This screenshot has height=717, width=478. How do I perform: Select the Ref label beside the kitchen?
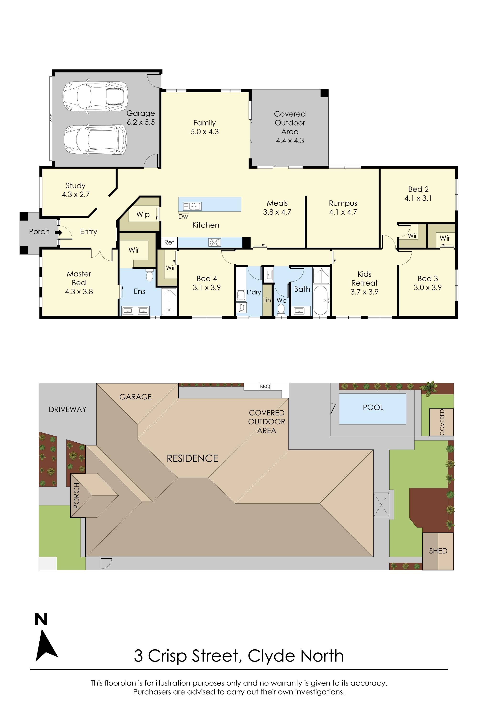click(169, 242)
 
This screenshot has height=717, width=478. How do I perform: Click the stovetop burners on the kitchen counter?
click(214, 242)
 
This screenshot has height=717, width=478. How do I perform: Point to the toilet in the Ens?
click(149, 275)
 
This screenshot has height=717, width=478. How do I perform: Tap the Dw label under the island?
click(183, 217)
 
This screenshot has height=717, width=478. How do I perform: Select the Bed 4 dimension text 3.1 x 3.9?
click(207, 288)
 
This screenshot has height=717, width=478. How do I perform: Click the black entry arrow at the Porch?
click(59, 232)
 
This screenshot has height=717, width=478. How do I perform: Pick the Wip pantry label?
click(143, 214)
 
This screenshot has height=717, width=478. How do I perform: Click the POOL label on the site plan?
click(373, 407)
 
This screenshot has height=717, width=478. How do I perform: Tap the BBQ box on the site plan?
click(265, 386)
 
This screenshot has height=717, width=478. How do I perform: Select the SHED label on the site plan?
click(438, 551)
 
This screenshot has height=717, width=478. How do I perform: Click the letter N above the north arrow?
click(41, 619)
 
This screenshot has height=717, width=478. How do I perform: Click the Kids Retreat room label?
click(364, 278)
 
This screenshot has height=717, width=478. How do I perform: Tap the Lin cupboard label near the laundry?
click(267, 300)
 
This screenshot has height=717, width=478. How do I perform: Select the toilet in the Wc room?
click(281, 309)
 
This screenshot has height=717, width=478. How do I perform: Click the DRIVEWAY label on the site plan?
click(67, 409)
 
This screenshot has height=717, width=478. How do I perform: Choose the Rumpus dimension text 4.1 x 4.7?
click(343, 212)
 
